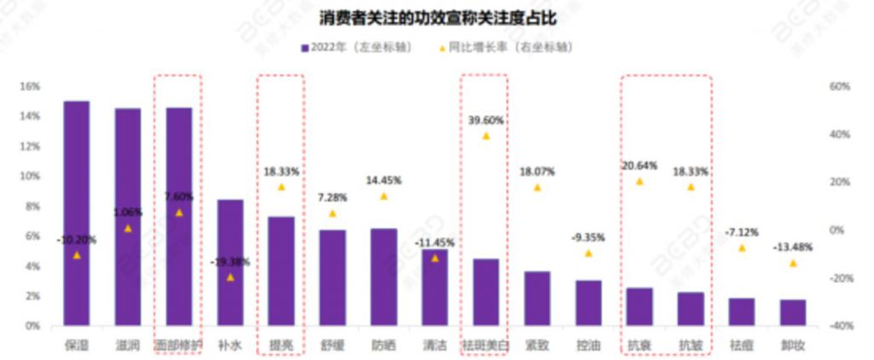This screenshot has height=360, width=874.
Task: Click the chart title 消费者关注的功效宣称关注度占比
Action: (x=437, y=18)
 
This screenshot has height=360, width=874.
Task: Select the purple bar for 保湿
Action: (x=77, y=213)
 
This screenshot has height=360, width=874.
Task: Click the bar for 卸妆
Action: (x=793, y=312)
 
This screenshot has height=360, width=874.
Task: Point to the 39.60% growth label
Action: (x=486, y=120)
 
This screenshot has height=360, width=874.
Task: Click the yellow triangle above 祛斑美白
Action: (x=486, y=136)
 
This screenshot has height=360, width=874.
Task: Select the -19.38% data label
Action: (x=230, y=262)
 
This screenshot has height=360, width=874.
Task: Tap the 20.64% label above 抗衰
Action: (x=639, y=166)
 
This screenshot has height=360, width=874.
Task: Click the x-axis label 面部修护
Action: (x=178, y=345)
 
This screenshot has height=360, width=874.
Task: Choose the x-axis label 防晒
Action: (x=383, y=345)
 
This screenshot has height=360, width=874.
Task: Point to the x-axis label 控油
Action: (x=588, y=345)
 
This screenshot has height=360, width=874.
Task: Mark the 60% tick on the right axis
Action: (x=838, y=86)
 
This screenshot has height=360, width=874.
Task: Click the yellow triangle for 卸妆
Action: (x=793, y=264)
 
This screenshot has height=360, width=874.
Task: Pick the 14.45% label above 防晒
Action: (x=383, y=181)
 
